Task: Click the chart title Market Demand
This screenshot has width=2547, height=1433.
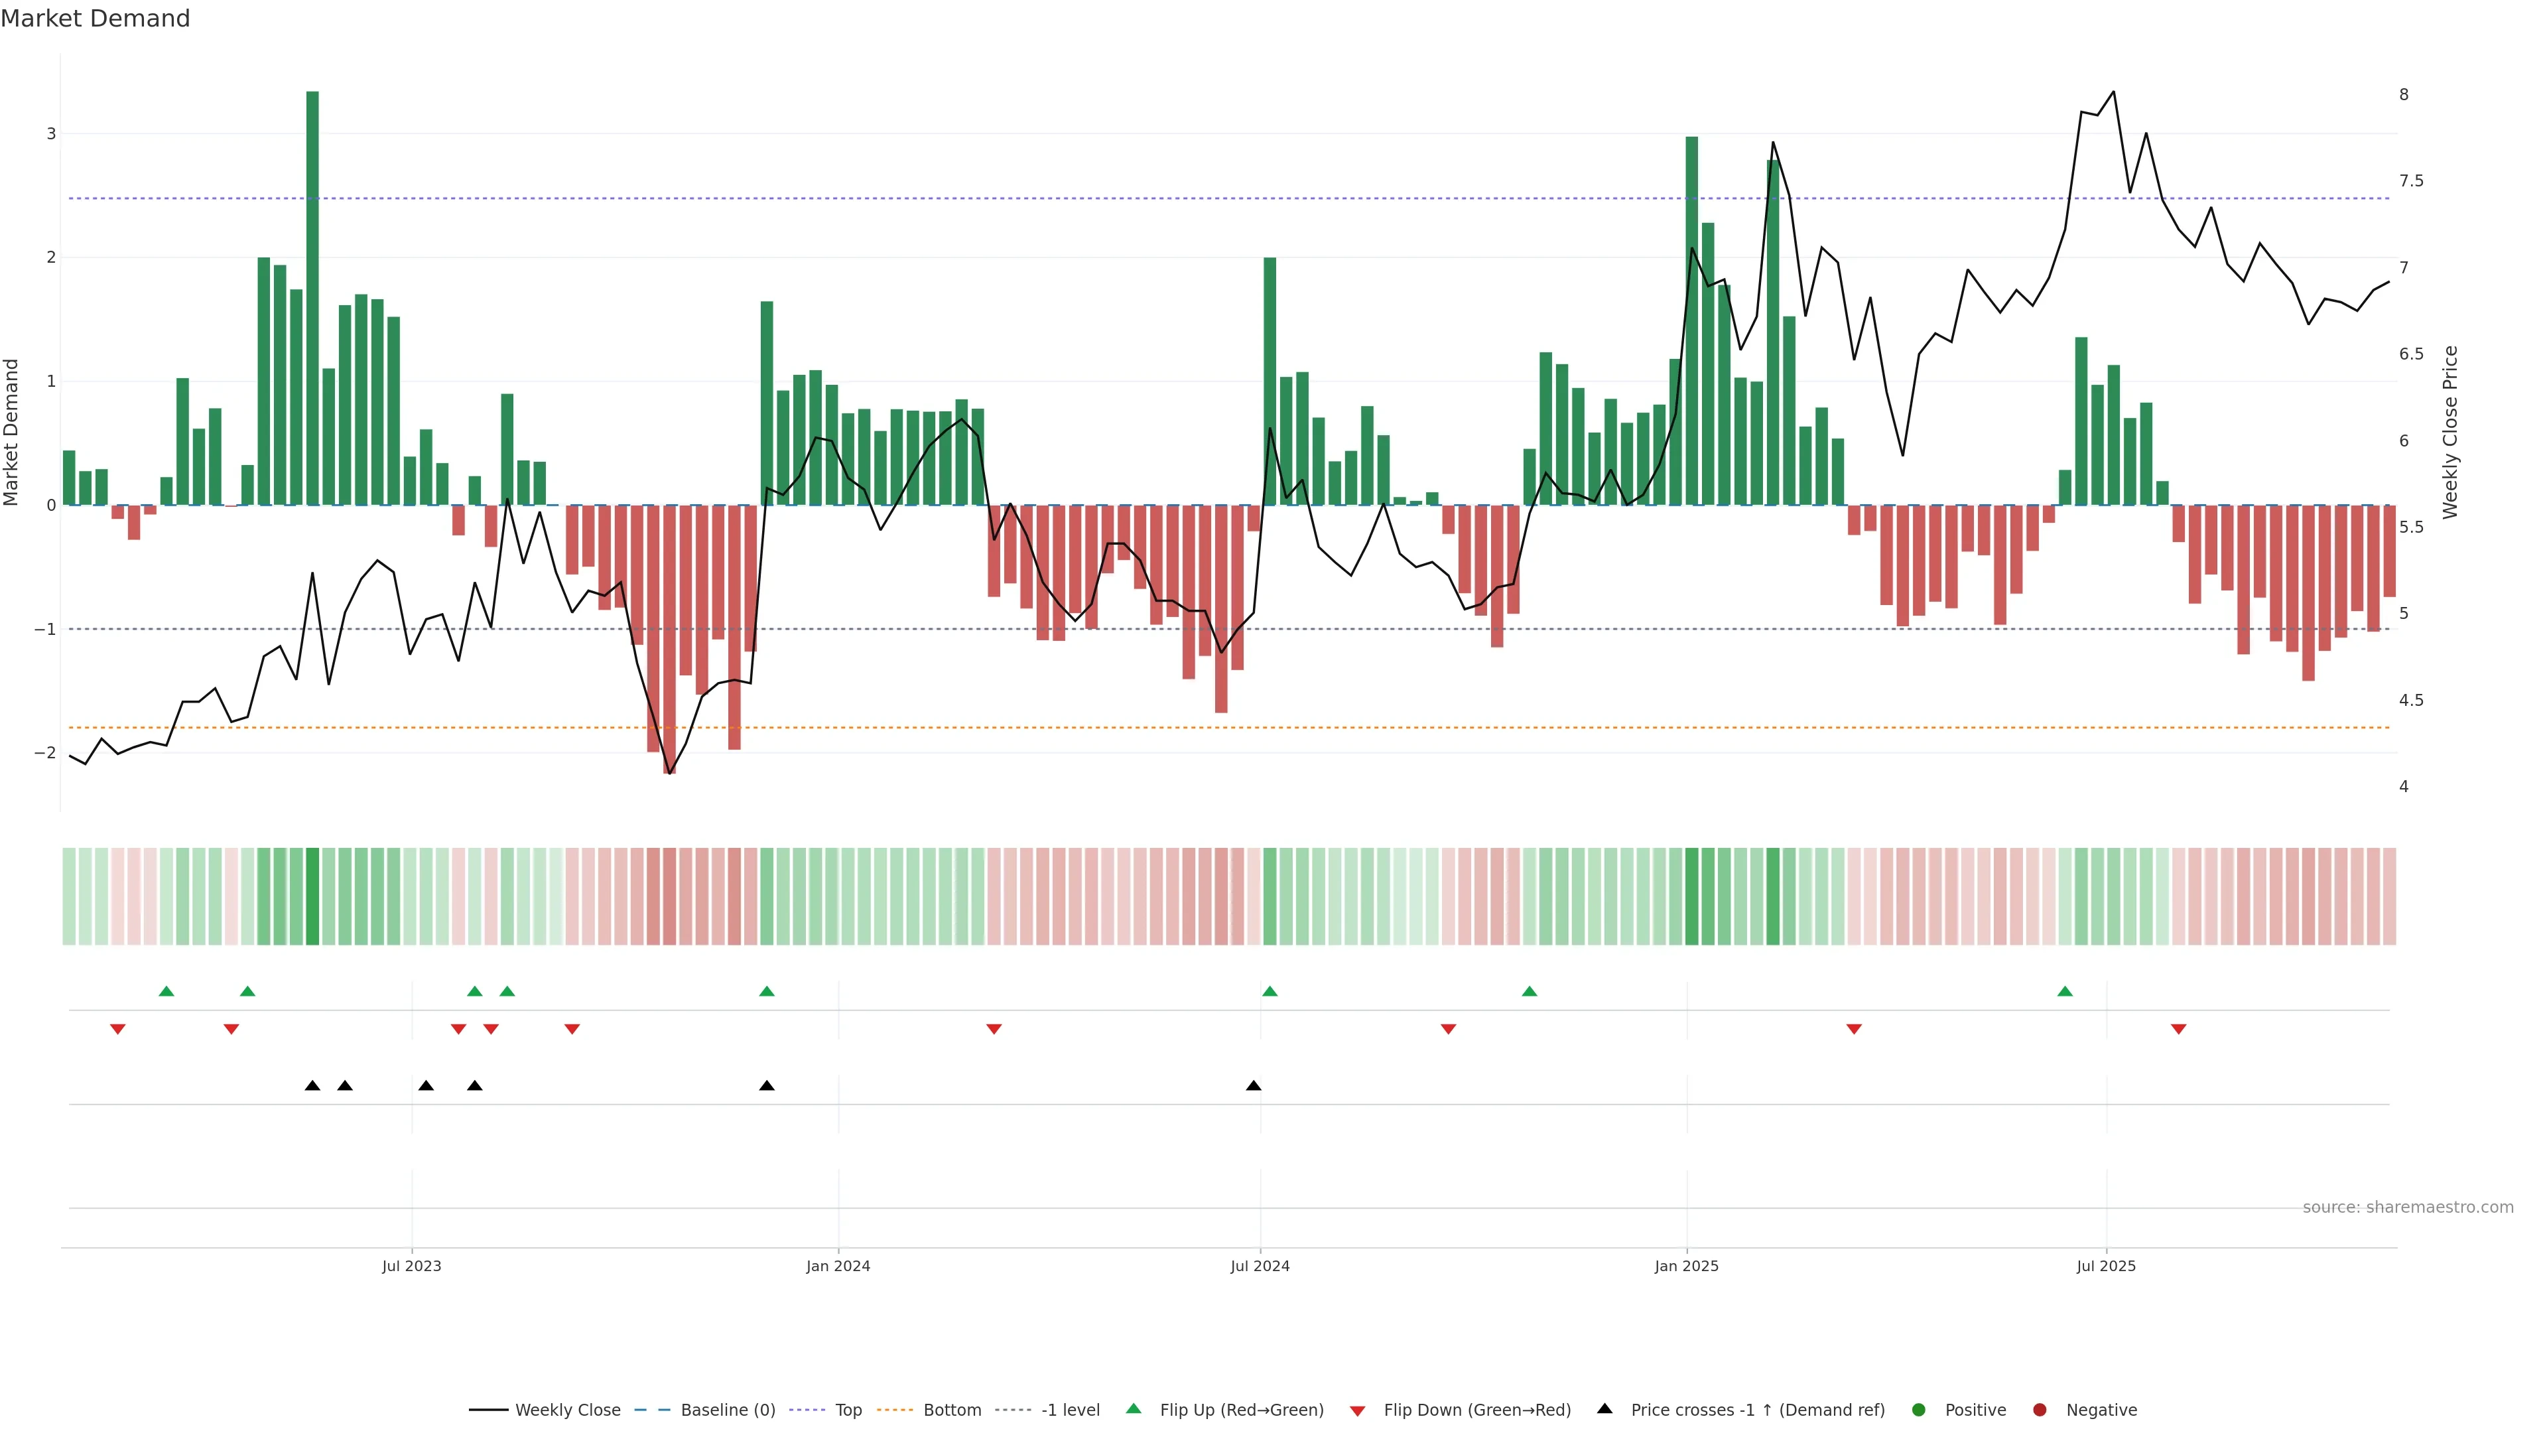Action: pos(95,19)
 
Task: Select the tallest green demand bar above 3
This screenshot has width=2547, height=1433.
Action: pos(312,297)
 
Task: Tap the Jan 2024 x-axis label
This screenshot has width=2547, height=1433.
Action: pos(838,1266)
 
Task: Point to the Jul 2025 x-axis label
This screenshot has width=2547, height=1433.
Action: pos(2106,1266)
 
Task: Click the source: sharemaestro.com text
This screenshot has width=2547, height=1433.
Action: pos(2408,1207)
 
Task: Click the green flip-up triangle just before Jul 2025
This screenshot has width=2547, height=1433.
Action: pos(2065,992)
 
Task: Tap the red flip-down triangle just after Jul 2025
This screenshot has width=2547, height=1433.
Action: pos(2178,1030)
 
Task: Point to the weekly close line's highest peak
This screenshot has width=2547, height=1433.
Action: pos(2113,92)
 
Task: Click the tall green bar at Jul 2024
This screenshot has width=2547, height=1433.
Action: pos(1270,381)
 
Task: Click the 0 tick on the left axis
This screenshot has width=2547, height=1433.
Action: pos(50,506)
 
